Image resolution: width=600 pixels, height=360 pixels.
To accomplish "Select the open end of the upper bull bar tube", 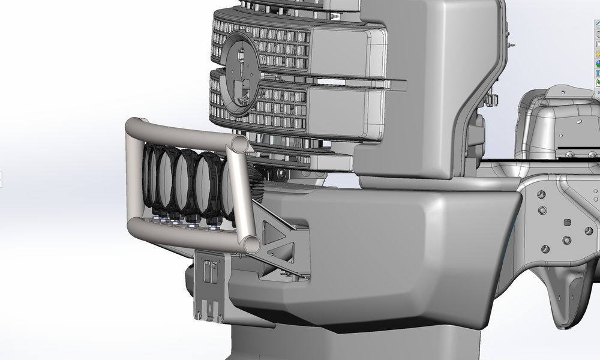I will point(239,144).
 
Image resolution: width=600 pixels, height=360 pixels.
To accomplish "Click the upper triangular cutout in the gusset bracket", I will point(271,229).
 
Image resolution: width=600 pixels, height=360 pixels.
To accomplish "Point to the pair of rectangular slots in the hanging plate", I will point(210,272).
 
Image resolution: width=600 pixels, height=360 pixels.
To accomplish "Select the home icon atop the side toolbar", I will point(598,24).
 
